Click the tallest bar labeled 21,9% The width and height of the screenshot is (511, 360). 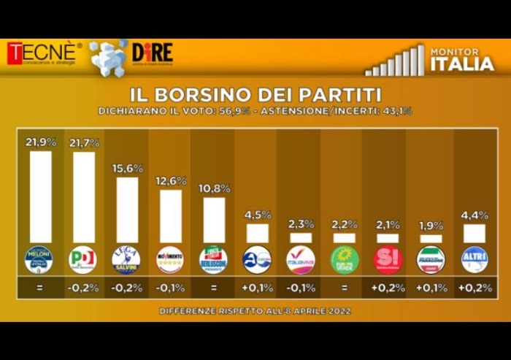tap(40, 196)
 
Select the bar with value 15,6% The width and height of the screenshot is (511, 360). tap(127, 210)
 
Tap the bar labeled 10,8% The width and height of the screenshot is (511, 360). tap(214, 220)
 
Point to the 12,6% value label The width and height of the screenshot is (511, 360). tap(170, 180)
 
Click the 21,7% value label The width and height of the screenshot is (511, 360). tap(83, 142)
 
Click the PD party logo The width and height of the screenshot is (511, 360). tap(82, 260)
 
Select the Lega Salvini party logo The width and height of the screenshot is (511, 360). tap(126, 260)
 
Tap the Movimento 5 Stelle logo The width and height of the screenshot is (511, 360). tap(170, 260)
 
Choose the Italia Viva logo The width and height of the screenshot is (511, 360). tap(301, 260)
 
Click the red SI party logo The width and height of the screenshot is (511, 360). tap(388, 260)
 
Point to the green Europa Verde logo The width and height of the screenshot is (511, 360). tap(344, 260)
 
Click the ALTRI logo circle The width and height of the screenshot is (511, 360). tap(474, 260)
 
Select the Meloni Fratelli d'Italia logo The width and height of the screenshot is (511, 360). tap(39, 260)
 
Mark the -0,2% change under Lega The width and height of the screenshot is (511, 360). tap(126, 288)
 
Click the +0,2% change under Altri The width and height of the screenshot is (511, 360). tap(474, 288)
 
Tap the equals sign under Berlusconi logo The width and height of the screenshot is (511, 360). tap(213, 288)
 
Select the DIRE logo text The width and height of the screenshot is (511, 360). tap(152, 53)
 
